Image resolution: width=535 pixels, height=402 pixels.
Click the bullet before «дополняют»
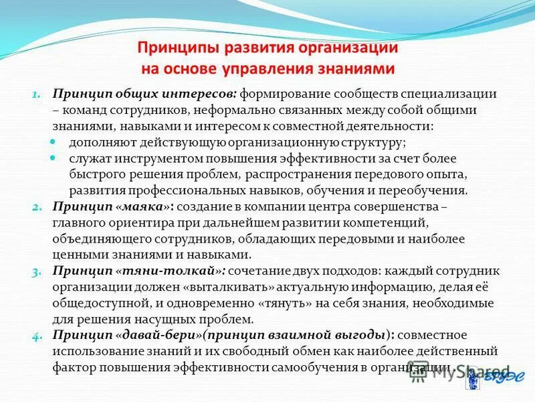point(56,142)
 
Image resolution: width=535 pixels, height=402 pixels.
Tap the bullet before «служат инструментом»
point(56,158)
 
